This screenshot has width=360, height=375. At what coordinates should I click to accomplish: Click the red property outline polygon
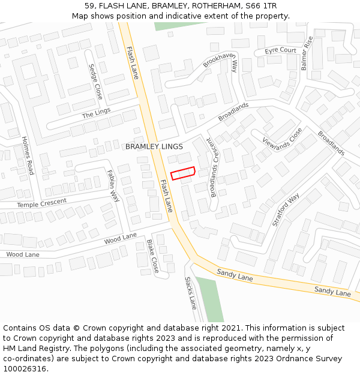pyautogui.click(x=183, y=173)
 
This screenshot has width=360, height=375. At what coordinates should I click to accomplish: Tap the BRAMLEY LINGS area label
pyautogui.click(x=154, y=147)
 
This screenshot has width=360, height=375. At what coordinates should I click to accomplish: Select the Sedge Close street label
pyautogui.click(x=95, y=82)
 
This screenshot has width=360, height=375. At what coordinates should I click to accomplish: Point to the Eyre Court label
pyautogui.click(x=280, y=51)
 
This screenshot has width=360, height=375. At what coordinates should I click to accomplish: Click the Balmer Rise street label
pyautogui.click(x=307, y=53)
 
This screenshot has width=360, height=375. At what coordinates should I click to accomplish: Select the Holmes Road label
pyautogui.click(x=28, y=156)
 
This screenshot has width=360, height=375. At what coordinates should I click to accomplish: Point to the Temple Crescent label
pyautogui.click(x=42, y=203)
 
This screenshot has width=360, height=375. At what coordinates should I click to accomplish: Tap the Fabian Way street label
pyautogui.click(x=113, y=185)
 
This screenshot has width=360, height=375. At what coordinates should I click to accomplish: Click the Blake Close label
pyautogui.click(x=152, y=256)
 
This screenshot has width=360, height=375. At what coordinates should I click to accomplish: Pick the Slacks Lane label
pyautogui.click(x=190, y=293)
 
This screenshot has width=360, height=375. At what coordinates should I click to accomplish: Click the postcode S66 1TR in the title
pyautogui.click(x=261, y=6)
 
